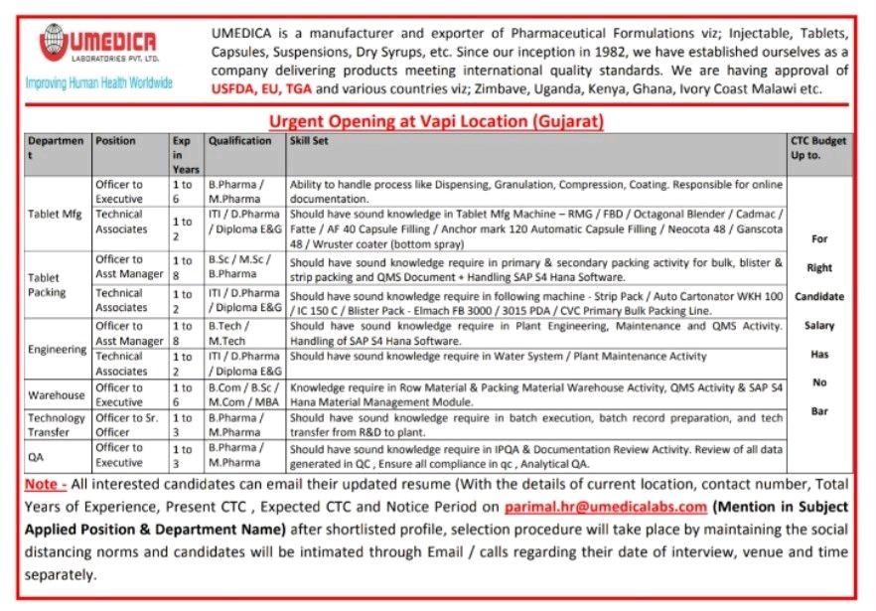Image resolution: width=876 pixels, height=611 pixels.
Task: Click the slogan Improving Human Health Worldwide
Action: tap(99, 82)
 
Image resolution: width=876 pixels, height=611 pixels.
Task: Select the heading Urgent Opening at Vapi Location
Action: tap(437, 121)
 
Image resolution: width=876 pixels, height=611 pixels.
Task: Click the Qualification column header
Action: tap(239, 141)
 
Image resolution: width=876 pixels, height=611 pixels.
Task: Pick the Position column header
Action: tap(115, 141)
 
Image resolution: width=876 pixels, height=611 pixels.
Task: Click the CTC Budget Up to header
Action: tap(818, 147)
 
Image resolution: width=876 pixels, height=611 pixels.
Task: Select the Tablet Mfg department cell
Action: tap(55, 214)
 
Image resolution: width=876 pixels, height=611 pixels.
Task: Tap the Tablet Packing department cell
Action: tap(47, 285)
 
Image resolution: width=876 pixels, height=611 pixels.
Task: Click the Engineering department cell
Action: tap(58, 350)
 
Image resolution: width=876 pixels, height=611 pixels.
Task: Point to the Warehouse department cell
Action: tap(57, 394)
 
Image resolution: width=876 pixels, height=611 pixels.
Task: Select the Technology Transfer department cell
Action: tap(57, 425)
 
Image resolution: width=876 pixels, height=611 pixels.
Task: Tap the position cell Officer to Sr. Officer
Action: tap(127, 425)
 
